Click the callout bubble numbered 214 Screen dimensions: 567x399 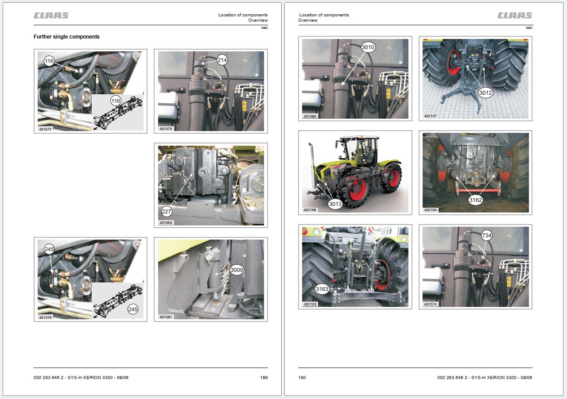(x=222, y=60)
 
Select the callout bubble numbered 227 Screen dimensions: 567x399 (x=166, y=212)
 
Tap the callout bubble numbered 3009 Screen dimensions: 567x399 (x=237, y=270)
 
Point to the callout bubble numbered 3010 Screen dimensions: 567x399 (x=368, y=47)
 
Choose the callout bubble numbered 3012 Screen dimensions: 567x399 (x=485, y=93)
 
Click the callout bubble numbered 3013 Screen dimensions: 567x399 (x=335, y=204)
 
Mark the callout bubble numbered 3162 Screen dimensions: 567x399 (x=476, y=200)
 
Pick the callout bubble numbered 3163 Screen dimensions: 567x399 (x=322, y=289)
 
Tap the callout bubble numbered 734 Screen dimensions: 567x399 (x=486, y=236)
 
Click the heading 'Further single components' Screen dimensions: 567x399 (x=66, y=37)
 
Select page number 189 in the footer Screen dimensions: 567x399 (x=264, y=377)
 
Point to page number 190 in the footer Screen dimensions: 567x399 (x=302, y=377)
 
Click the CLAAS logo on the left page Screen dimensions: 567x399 (x=51, y=15)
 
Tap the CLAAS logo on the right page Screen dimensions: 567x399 (x=515, y=15)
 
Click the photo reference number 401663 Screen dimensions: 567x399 (x=166, y=223)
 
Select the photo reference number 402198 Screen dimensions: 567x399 (x=310, y=210)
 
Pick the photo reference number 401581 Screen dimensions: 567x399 (x=166, y=317)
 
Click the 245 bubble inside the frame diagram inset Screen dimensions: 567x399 (x=133, y=309)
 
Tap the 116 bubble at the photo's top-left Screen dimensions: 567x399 (x=49, y=61)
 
